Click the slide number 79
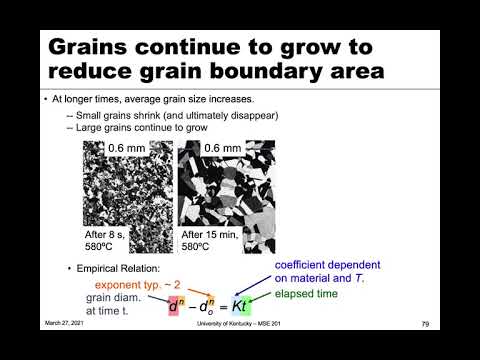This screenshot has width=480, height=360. (425, 324)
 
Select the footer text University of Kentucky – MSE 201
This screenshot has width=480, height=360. (240, 324)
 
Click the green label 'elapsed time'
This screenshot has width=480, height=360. (307, 294)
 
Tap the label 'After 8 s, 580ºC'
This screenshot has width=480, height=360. (109, 241)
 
